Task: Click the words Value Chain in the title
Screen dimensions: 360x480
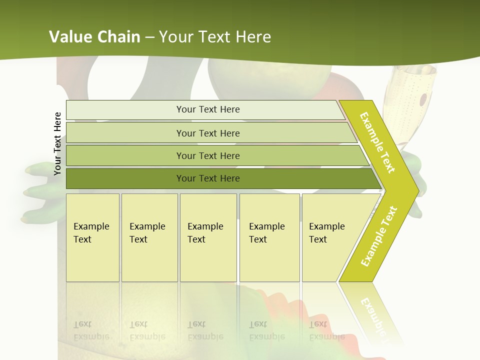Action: pos(94,37)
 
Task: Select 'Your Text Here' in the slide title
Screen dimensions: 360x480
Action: pos(215,37)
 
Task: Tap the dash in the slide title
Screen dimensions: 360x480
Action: pos(149,37)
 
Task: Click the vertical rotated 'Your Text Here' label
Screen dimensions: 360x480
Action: pos(57,143)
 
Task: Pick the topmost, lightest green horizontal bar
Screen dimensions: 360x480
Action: pos(207,109)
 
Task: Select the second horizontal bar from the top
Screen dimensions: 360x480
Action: pos(207,133)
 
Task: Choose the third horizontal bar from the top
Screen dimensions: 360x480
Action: pos(207,155)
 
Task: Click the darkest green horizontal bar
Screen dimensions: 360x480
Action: pos(207,178)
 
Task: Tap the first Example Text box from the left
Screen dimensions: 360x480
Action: pos(92,237)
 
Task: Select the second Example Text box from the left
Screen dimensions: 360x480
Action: pos(149,237)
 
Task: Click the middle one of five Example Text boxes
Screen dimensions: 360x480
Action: pos(208,237)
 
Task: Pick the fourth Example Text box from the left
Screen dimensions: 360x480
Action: pos(269,237)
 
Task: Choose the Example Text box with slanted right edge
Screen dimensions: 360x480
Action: pos(330,237)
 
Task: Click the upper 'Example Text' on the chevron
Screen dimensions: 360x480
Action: pos(377,142)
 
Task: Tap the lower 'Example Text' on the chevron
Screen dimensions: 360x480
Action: pos(379,236)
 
